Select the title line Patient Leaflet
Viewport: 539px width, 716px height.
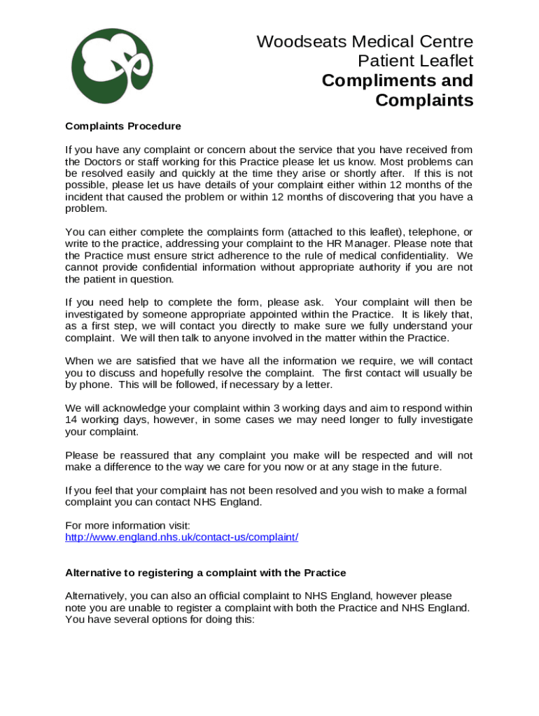tap(415, 61)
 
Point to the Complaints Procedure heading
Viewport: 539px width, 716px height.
tap(123, 127)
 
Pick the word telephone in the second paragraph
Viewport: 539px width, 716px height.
tap(437, 232)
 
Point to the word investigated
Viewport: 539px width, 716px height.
tap(95, 315)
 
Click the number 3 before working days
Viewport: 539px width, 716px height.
tap(276, 408)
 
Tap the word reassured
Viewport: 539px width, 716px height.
tap(137, 455)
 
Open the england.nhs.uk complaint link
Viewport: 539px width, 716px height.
tap(182, 538)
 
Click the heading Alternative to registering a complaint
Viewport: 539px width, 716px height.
tap(206, 573)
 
